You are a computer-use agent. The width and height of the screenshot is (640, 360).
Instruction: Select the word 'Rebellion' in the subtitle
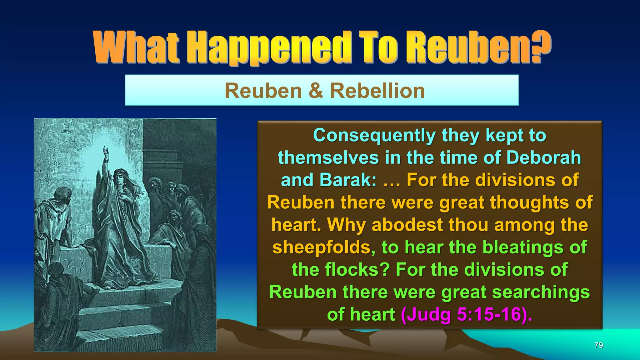pos(377,91)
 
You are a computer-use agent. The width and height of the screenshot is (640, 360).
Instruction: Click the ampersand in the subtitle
pos(315,91)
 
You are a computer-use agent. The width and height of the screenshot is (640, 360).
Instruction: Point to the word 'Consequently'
pos(374,136)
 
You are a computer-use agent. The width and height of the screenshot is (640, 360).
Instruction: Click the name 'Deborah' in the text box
pos(543,157)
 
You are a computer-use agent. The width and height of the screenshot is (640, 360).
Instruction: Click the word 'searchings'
pos(541,292)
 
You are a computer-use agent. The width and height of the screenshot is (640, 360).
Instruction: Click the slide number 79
pos(598,345)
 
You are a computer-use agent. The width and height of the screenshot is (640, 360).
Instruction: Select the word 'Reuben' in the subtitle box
pos(263,91)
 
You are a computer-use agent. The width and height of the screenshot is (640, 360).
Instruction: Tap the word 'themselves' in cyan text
pos(328,157)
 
